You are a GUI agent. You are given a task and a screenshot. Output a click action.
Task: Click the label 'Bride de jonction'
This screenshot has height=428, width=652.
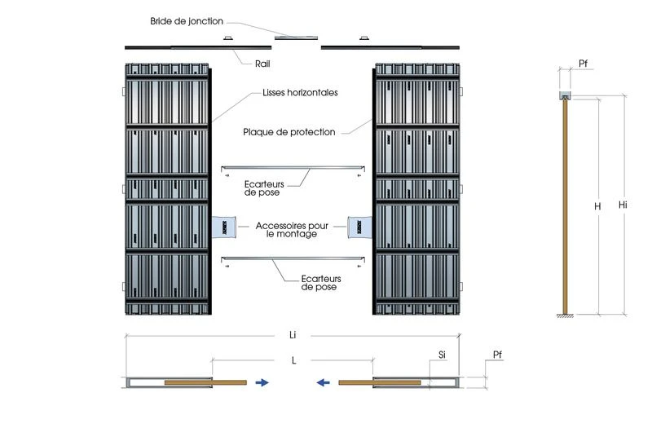point(186,20)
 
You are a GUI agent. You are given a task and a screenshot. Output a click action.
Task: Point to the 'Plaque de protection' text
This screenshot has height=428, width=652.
point(289,131)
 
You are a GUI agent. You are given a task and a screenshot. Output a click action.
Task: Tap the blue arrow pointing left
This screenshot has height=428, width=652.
point(324,381)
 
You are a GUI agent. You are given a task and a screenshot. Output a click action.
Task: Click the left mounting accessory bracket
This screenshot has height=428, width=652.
point(225,227)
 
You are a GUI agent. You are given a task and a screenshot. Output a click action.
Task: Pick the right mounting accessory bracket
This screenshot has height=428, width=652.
point(359,227)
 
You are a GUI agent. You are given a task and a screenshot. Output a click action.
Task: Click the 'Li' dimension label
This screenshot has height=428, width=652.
point(293,334)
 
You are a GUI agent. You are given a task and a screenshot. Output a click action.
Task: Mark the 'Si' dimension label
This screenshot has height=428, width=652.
point(442,355)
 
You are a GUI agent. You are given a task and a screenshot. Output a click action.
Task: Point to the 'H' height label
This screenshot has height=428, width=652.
point(597,207)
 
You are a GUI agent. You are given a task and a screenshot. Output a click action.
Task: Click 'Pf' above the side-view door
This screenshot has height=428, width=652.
point(584,62)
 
